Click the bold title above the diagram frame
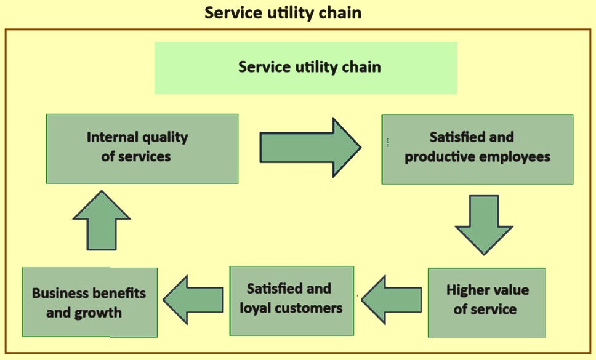click(x=283, y=13)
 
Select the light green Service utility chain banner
click(x=305, y=68)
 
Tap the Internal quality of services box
click(x=142, y=149)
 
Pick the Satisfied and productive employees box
click(x=477, y=150)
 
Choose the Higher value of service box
click(x=486, y=303)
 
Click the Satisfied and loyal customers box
click(x=292, y=301)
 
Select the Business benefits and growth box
click(x=90, y=302)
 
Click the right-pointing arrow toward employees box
click(x=310, y=147)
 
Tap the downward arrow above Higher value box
click(x=484, y=225)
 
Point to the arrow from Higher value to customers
click(x=392, y=300)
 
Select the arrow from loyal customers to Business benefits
click(x=193, y=300)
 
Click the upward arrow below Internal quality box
click(x=102, y=220)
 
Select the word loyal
click(x=256, y=308)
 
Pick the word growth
click(x=98, y=313)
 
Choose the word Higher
click(x=466, y=290)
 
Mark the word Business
click(x=60, y=293)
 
